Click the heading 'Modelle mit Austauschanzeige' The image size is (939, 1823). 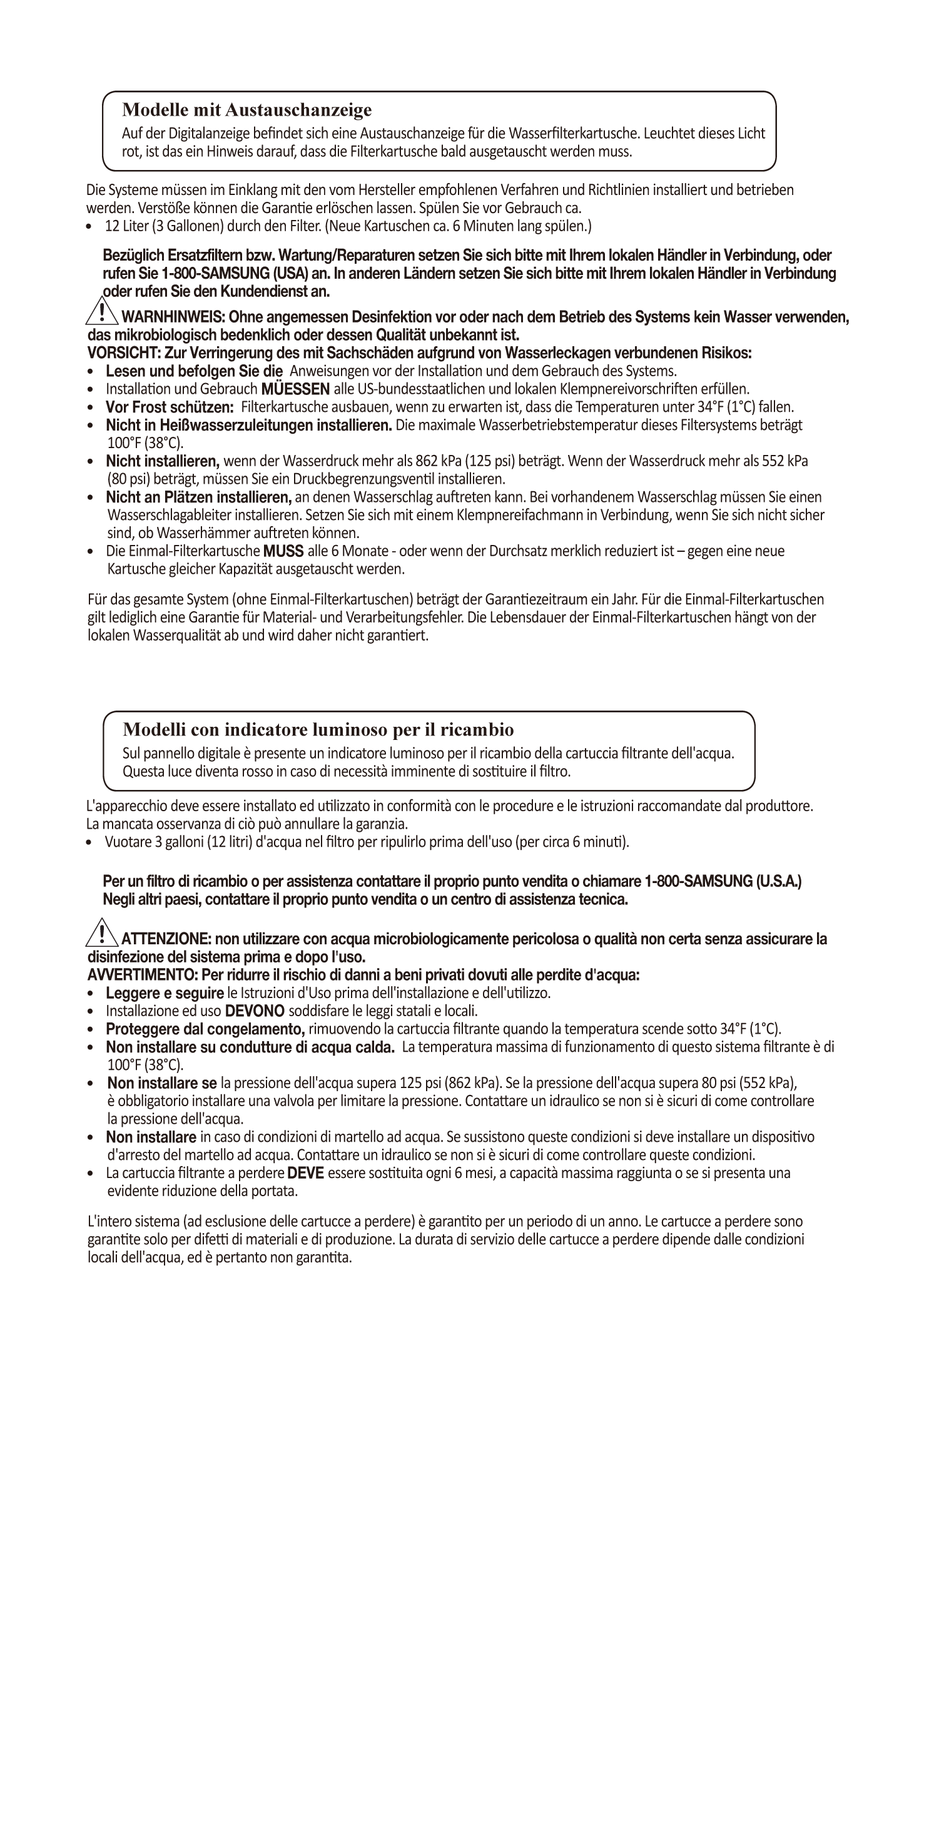[246, 110]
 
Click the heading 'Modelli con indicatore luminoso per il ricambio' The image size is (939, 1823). [318, 729]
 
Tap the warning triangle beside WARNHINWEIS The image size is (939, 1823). [102, 312]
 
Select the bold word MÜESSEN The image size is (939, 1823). [295, 389]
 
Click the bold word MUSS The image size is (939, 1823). [283, 551]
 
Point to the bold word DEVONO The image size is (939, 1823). [254, 1011]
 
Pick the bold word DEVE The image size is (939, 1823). [305, 1173]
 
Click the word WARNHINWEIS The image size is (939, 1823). [173, 317]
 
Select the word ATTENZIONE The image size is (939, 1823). [166, 939]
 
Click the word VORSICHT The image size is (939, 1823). [124, 353]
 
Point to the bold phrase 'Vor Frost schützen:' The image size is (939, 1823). [170, 407]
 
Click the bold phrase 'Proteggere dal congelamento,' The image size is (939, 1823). [205, 1029]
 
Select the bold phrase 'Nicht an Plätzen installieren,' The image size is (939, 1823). [199, 497]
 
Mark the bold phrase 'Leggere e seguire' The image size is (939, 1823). [165, 993]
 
